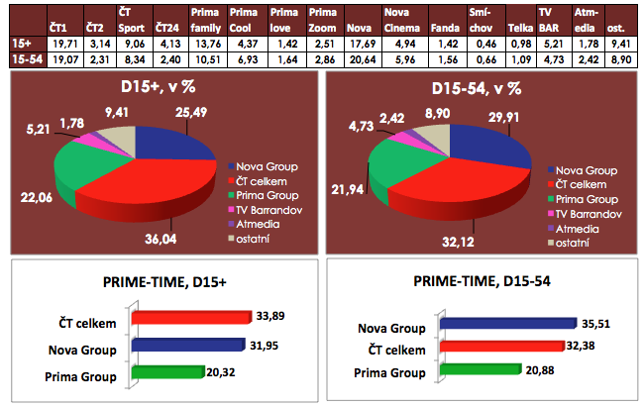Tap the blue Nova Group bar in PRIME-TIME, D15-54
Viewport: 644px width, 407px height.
click(506, 323)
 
